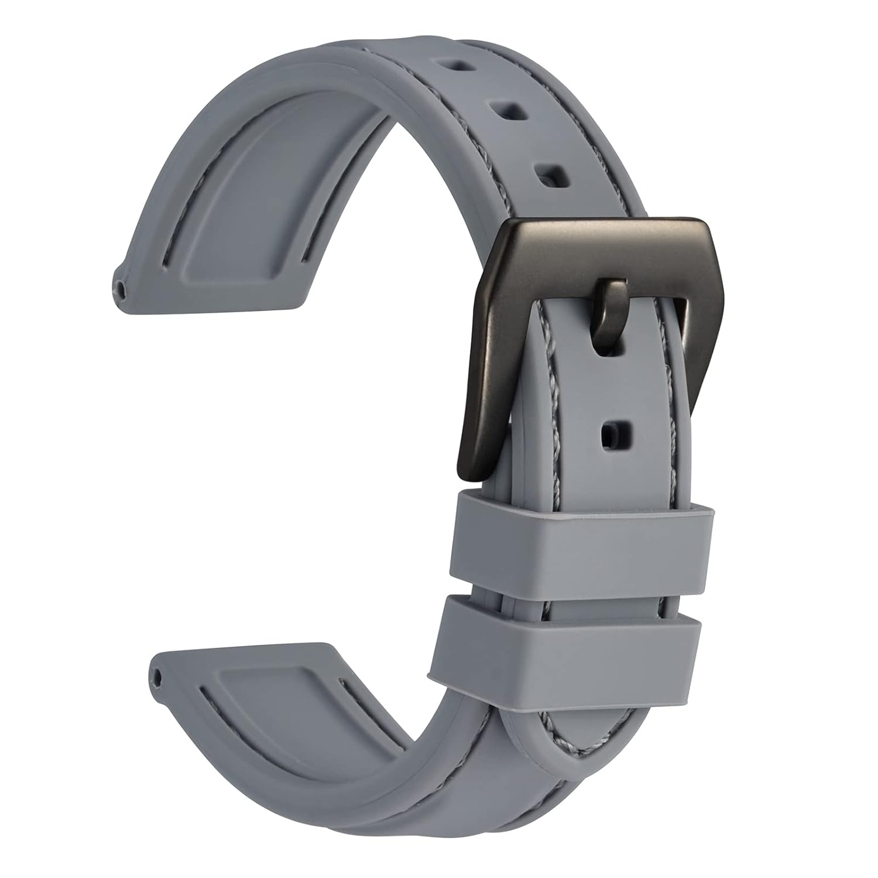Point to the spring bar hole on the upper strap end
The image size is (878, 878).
[121, 288]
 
